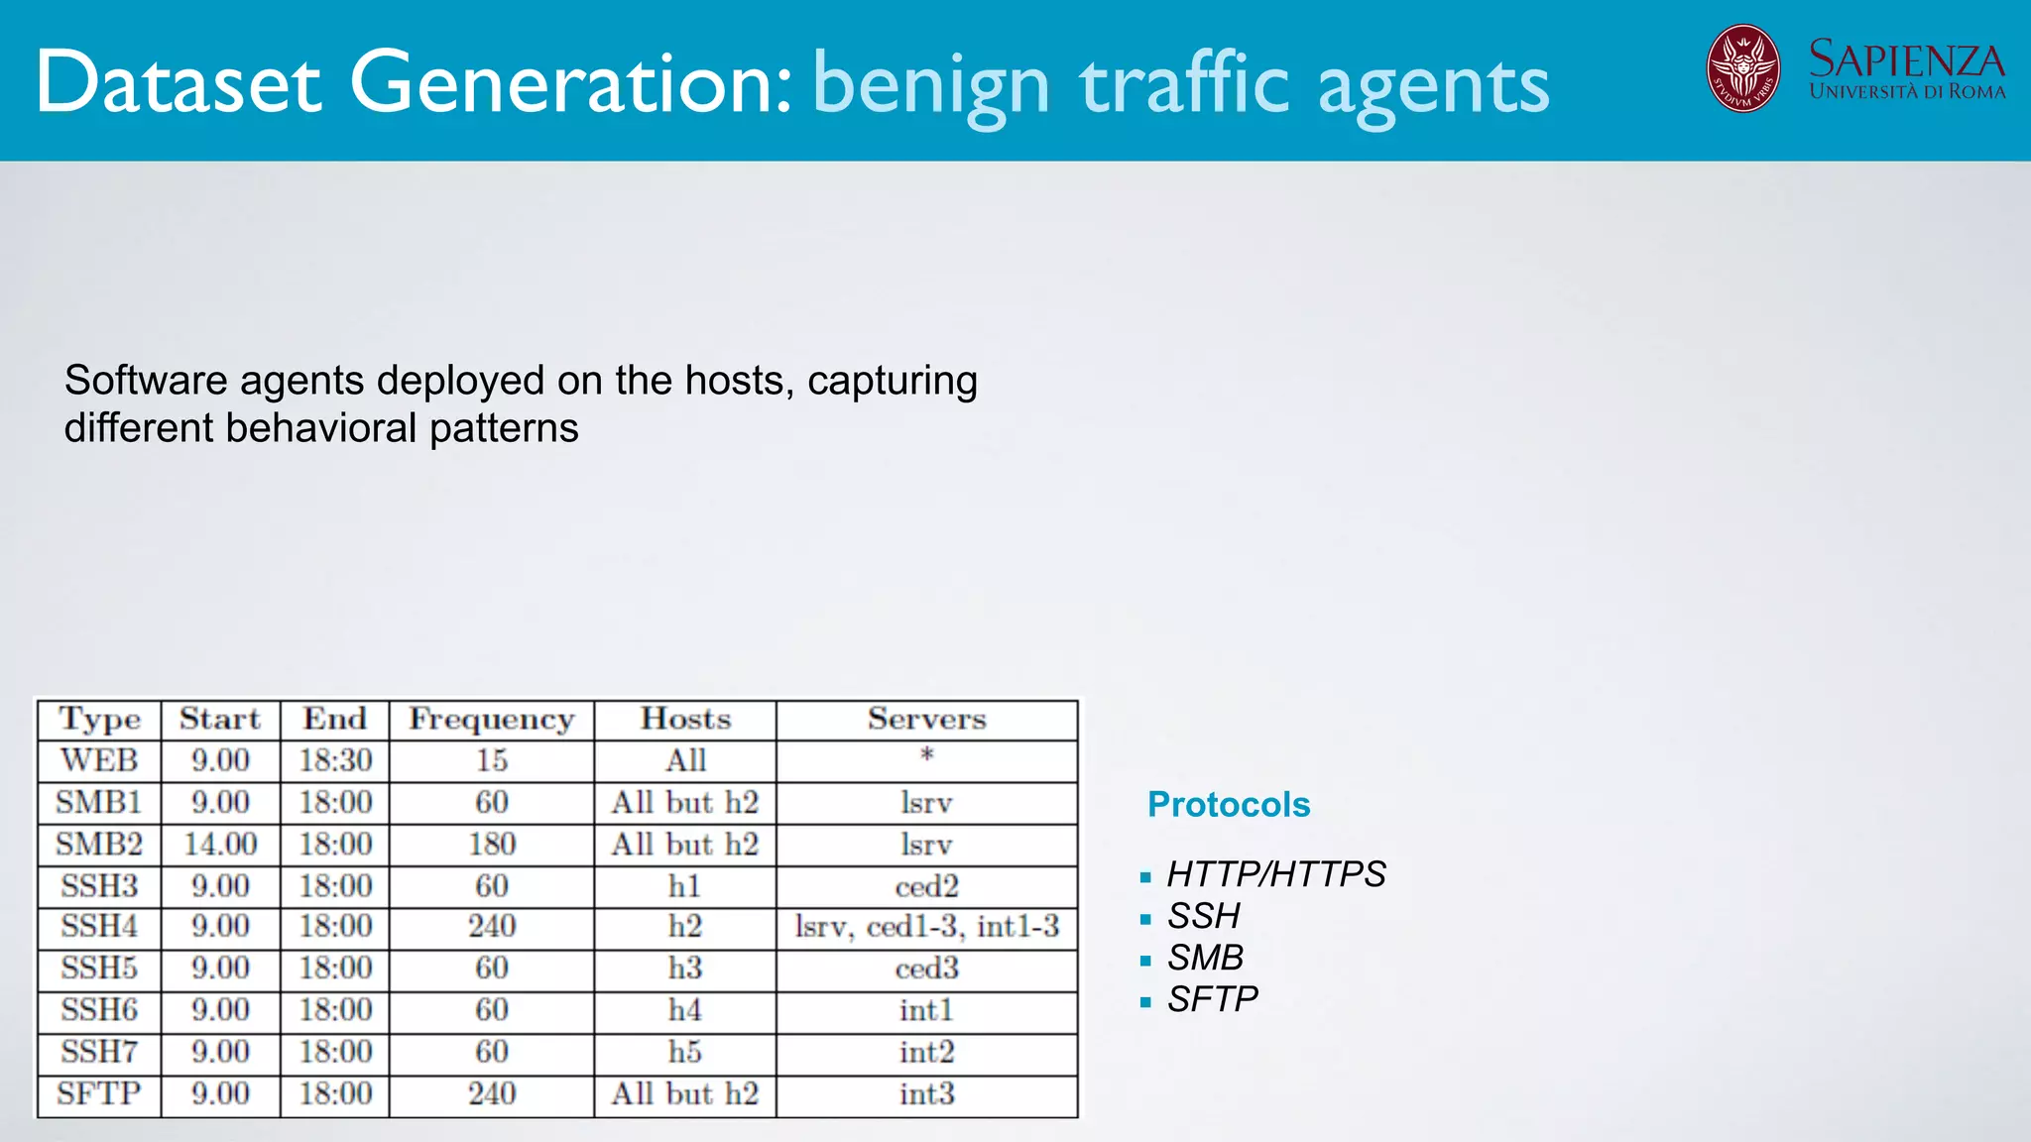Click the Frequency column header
pos(492,720)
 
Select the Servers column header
pos(926,720)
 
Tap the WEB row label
pos(99,761)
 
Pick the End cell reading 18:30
pos(335,761)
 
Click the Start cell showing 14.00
pos(220,845)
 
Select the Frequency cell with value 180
pos(492,845)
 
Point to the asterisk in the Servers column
pos(927,756)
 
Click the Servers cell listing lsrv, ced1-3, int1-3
pos(926,927)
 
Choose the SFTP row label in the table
pos(99,1094)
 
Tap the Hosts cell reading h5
pos(685,1052)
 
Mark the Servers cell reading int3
pos(926,1094)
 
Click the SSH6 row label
pos(99,1010)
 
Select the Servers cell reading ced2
pos(926,886)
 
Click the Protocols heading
pos(1229,805)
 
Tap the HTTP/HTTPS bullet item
pos(1276,874)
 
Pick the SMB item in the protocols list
pos(1205,958)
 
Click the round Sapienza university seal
pos(1742,68)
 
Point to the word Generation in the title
pos(570,83)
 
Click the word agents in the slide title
pos(1433,87)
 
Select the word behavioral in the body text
pos(321,428)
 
